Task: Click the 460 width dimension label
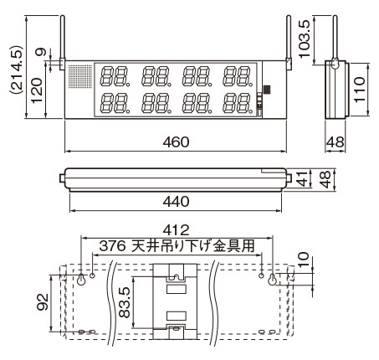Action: [176, 142]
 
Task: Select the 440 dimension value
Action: [176, 201]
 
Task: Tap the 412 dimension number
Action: [176, 230]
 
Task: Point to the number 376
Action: [112, 246]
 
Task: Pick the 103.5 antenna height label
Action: [304, 39]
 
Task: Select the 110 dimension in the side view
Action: [360, 90]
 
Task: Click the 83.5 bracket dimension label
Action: [125, 302]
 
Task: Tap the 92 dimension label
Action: [44, 302]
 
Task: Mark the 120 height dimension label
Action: [37, 90]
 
